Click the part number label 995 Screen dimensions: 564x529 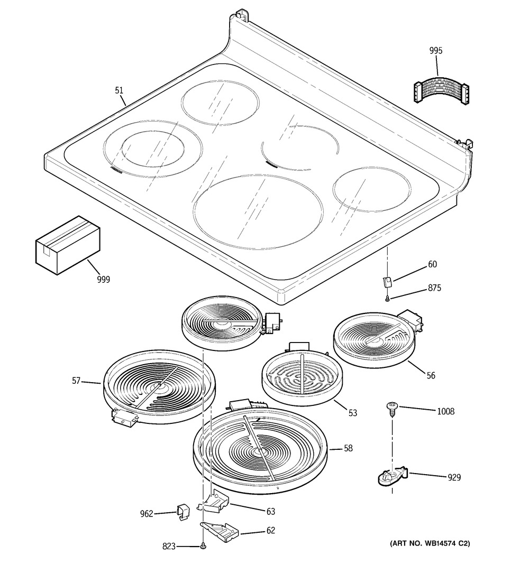coord(436,51)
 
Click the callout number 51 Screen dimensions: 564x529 coord(120,90)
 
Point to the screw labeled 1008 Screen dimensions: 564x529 coord(391,408)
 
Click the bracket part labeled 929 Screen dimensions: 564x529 coord(391,475)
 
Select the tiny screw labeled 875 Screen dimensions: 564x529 coord(388,299)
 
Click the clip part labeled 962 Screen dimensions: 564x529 coord(182,511)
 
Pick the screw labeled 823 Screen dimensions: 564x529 coord(204,547)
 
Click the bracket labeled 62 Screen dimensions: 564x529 coord(220,530)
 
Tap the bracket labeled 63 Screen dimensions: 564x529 coord(215,503)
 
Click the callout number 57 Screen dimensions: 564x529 coord(77,380)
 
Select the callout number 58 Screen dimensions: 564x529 coord(348,448)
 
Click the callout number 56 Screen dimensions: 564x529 coord(431,375)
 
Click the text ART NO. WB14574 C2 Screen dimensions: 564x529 coord(430,543)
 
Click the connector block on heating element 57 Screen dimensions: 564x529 coord(125,418)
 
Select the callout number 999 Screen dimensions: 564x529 coord(103,280)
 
